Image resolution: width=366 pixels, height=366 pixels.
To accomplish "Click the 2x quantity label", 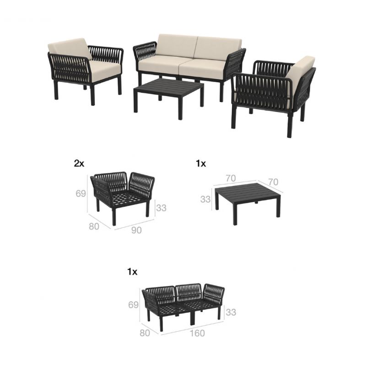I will point(79,164).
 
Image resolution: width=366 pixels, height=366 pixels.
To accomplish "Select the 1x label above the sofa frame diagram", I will point(132,272).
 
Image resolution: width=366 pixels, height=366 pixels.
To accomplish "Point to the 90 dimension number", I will point(136,230).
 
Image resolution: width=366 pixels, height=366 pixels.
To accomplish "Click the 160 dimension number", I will point(197,333).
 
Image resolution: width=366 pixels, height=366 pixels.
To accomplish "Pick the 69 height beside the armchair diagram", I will point(81,193).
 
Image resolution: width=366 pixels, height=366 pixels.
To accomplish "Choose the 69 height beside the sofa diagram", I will point(133,305).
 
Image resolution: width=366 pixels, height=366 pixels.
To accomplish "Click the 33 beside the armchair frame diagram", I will point(161,208).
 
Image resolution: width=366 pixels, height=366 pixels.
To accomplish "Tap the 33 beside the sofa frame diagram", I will point(231,312).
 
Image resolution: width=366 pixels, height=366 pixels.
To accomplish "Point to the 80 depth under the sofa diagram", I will point(145,333).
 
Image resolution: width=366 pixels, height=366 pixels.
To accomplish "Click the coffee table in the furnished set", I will point(168,87).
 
